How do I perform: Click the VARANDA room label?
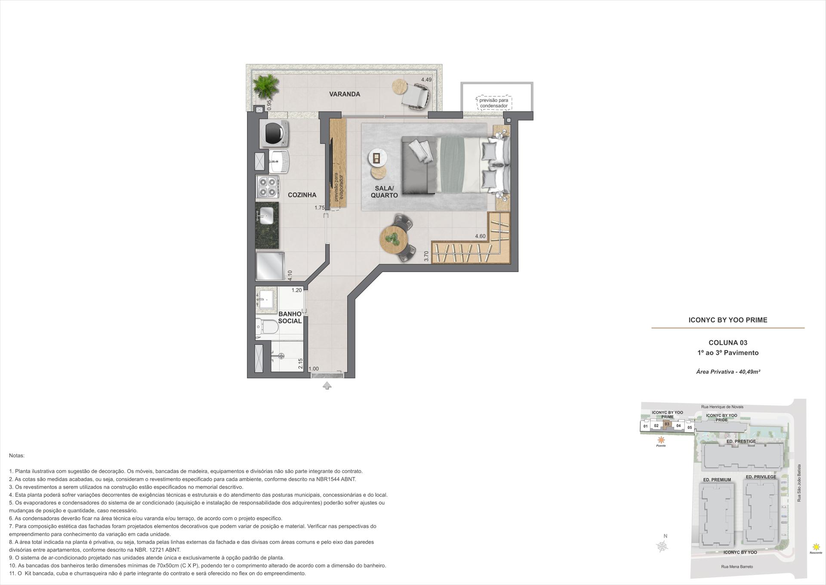click(345, 94)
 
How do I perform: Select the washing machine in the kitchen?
click(274, 133)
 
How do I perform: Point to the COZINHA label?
click(302, 195)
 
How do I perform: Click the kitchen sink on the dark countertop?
click(266, 215)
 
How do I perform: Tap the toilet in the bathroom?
click(267, 327)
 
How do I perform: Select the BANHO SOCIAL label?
click(290, 318)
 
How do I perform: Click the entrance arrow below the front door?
click(327, 386)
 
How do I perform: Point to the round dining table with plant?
click(393, 240)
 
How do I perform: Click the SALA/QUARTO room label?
click(384, 192)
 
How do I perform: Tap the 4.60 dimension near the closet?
click(480, 236)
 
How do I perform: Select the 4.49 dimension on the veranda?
click(426, 80)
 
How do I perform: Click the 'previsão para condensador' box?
click(493, 103)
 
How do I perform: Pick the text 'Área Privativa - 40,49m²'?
click(728, 371)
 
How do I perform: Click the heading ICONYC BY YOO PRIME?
click(728, 320)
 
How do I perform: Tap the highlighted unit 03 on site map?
click(667, 424)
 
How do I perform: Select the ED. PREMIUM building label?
click(717, 480)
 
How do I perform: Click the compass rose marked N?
click(663, 546)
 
